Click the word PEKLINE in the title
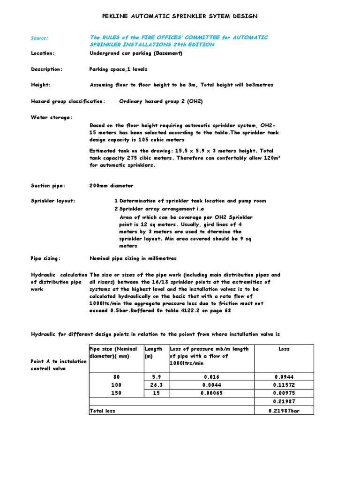coord(117,16)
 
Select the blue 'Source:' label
coord(39,38)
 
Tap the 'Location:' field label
coord(43,53)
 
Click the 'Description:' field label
coord(46,69)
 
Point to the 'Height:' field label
coord(41,85)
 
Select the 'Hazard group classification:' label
coord(68,101)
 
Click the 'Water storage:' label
coord(52,117)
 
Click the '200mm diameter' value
coord(111,186)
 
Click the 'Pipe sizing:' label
coord(45,258)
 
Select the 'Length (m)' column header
coord(153,352)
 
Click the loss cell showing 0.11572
coord(284,385)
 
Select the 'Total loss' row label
coord(102,411)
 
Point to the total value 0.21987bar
coord(284,411)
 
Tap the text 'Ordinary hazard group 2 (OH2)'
coord(161,101)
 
